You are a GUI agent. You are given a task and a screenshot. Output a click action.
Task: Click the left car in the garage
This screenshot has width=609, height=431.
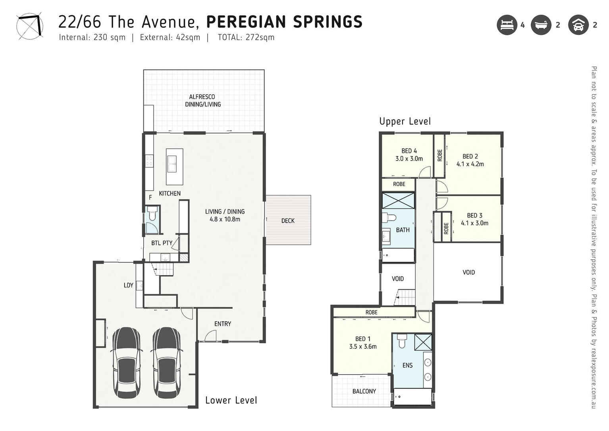point(127,363)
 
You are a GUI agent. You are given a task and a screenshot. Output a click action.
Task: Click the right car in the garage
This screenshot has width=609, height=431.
point(167,363)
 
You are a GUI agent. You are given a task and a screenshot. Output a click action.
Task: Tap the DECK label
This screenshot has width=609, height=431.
point(288,221)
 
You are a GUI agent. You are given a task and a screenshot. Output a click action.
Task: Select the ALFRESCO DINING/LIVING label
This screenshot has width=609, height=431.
point(202,101)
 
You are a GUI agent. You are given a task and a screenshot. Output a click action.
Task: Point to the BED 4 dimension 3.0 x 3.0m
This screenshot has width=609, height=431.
point(409,159)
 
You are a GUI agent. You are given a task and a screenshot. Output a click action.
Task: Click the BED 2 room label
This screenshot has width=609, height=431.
point(470,157)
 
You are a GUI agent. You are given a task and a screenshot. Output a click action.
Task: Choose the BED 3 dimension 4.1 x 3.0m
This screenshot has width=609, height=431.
point(474,223)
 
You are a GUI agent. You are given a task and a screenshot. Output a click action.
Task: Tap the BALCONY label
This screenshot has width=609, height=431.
point(364,391)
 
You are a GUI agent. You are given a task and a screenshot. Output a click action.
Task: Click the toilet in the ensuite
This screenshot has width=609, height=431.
point(402,341)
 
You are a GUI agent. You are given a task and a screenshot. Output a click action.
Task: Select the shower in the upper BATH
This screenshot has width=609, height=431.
point(398,200)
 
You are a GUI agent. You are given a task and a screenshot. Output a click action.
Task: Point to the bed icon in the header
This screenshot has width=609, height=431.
point(507,25)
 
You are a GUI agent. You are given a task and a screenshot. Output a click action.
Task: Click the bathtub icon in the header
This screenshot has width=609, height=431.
point(541,25)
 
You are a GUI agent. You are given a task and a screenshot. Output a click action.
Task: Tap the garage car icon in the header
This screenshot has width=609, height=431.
point(578,25)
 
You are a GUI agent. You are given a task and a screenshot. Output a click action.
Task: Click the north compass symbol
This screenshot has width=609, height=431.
point(30,26)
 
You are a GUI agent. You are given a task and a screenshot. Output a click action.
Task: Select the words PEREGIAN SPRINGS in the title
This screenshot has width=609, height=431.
point(284,22)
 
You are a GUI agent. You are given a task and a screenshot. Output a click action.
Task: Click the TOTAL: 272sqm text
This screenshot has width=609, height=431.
point(246,38)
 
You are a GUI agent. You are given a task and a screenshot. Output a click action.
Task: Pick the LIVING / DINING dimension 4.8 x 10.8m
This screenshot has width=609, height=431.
point(225,219)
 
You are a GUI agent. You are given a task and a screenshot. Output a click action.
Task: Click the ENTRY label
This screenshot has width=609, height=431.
point(223,324)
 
